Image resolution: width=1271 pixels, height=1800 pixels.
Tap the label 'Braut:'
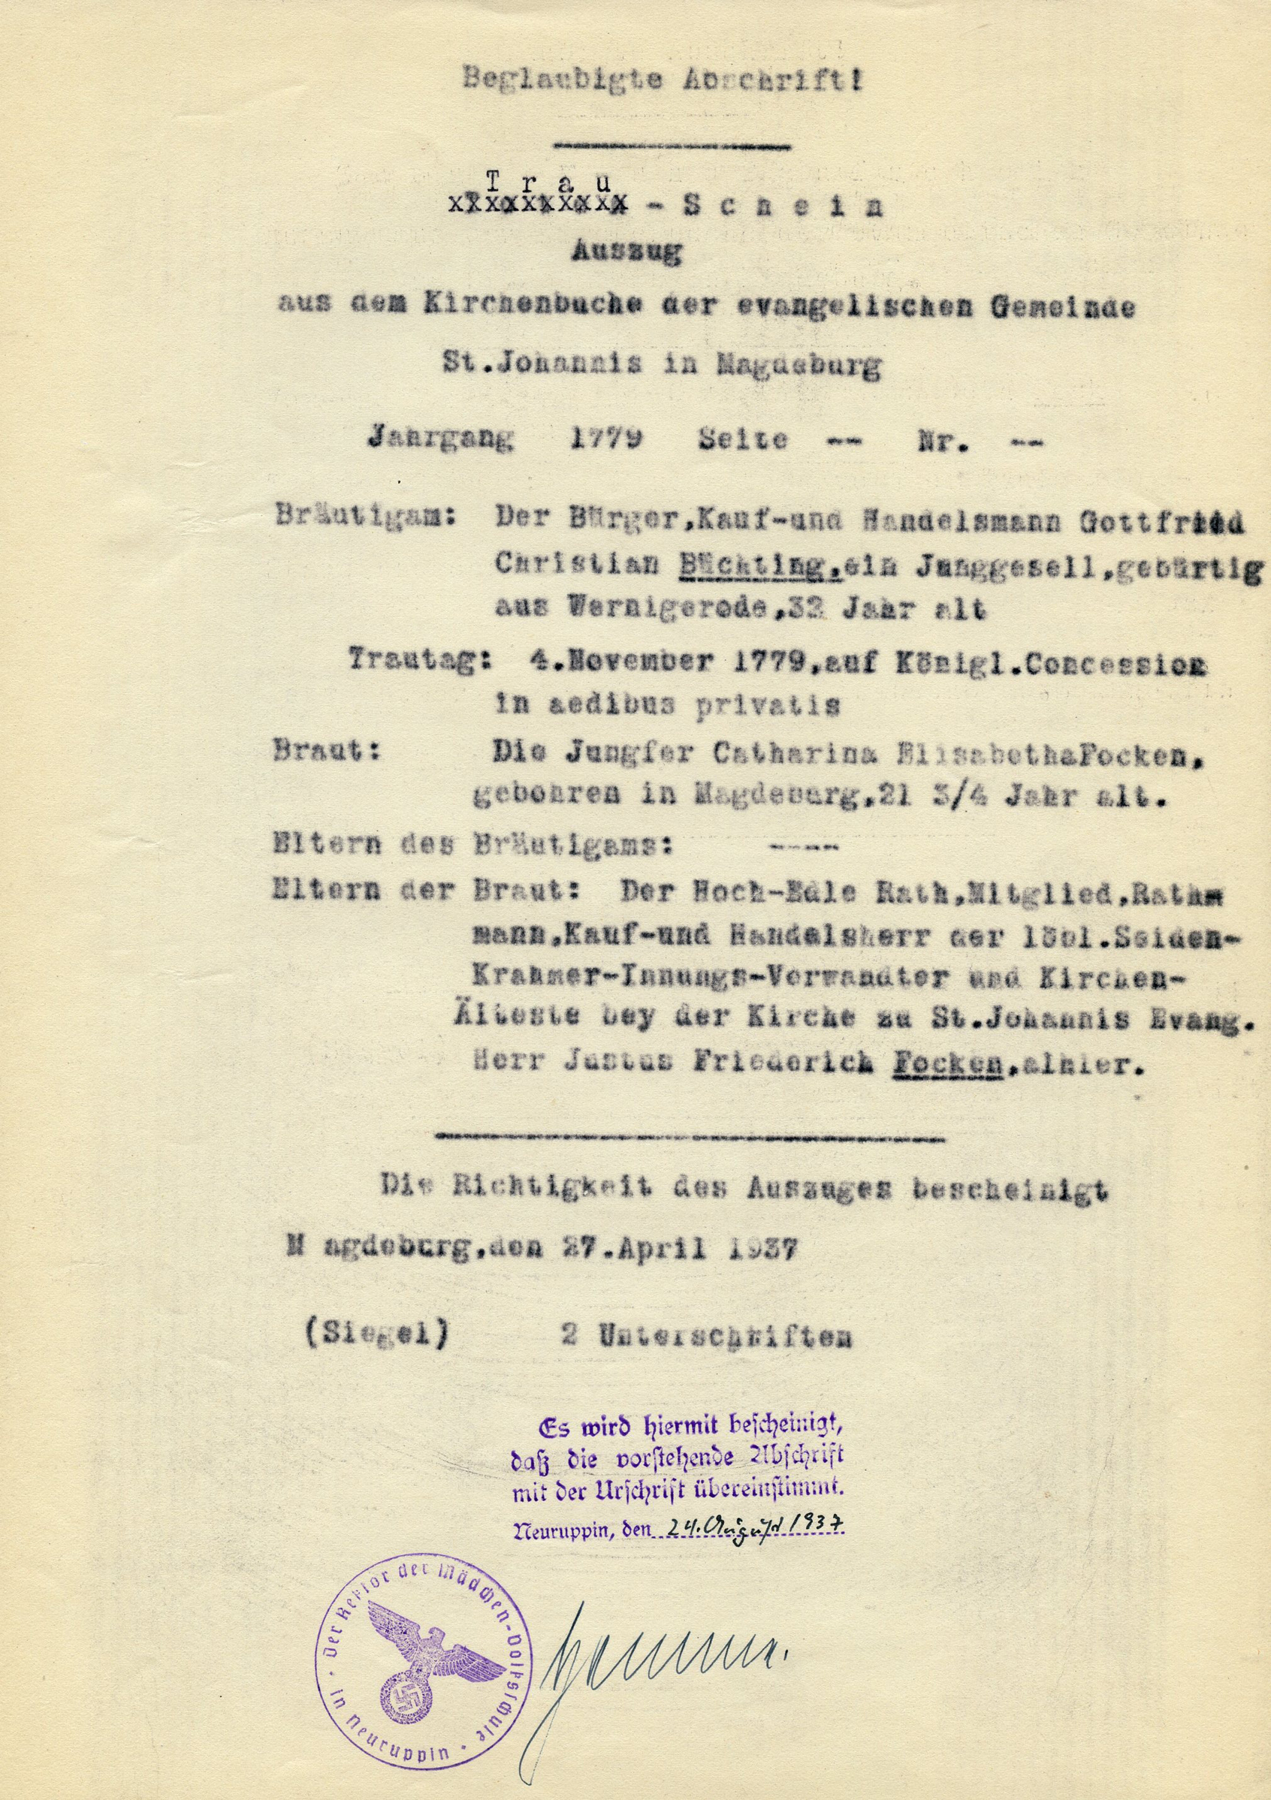[327, 751]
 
